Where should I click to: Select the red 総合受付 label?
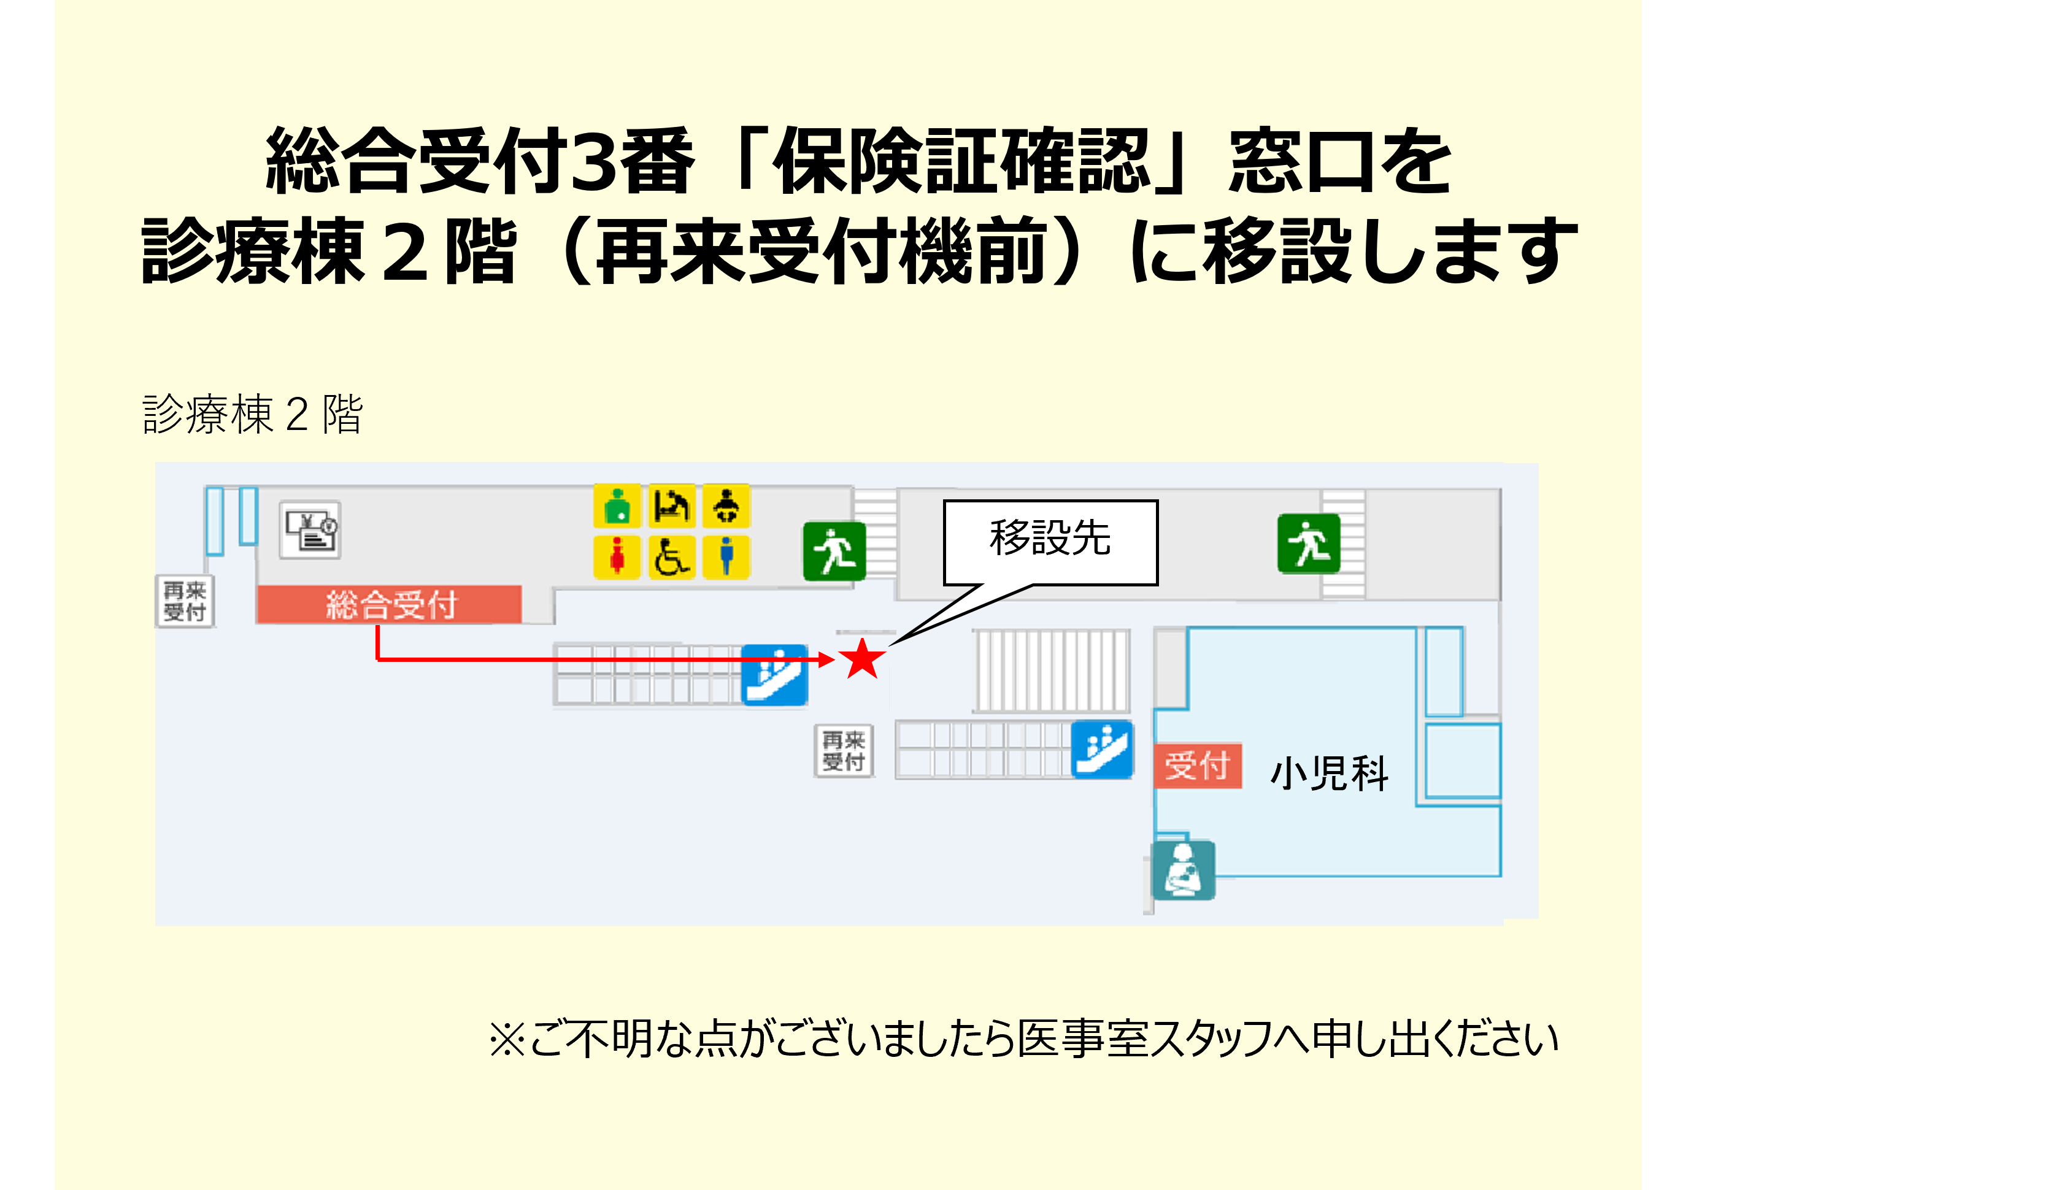(x=389, y=605)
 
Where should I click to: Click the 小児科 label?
(x=1329, y=773)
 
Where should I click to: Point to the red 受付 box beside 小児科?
(x=1198, y=766)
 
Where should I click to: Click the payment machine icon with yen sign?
(x=310, y=529)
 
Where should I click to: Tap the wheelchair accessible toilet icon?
(x=671, y=556)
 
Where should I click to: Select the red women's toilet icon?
(x=617, y=556)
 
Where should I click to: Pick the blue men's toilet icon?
(x=726, y=556)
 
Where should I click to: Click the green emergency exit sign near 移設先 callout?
(x=834, y=551)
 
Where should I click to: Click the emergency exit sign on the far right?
(x=1309, y=543)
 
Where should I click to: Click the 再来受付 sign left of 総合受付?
(x=185, y=601)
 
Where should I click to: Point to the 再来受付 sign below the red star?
(x=844, y=751)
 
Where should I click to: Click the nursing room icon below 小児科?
(x=1183, y=870)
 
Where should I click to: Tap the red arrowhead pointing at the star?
(x=826, y=659)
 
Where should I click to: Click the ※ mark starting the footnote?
(x=507, y=1040)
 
